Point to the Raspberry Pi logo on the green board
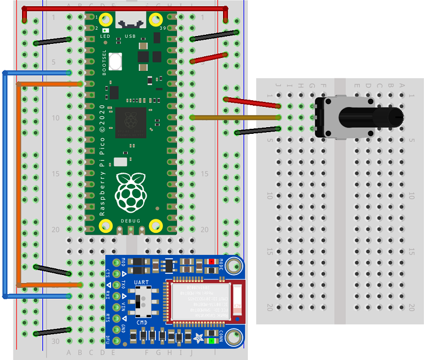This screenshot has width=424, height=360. tap(130, 191)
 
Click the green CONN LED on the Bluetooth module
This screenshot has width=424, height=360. tap(212, 340)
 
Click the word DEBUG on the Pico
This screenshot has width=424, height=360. tap(130, 222)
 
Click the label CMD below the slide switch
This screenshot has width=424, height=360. tap(142, 322)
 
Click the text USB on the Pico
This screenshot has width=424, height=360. tap(130, 36)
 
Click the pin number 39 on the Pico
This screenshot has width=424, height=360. tap(163, 28)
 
